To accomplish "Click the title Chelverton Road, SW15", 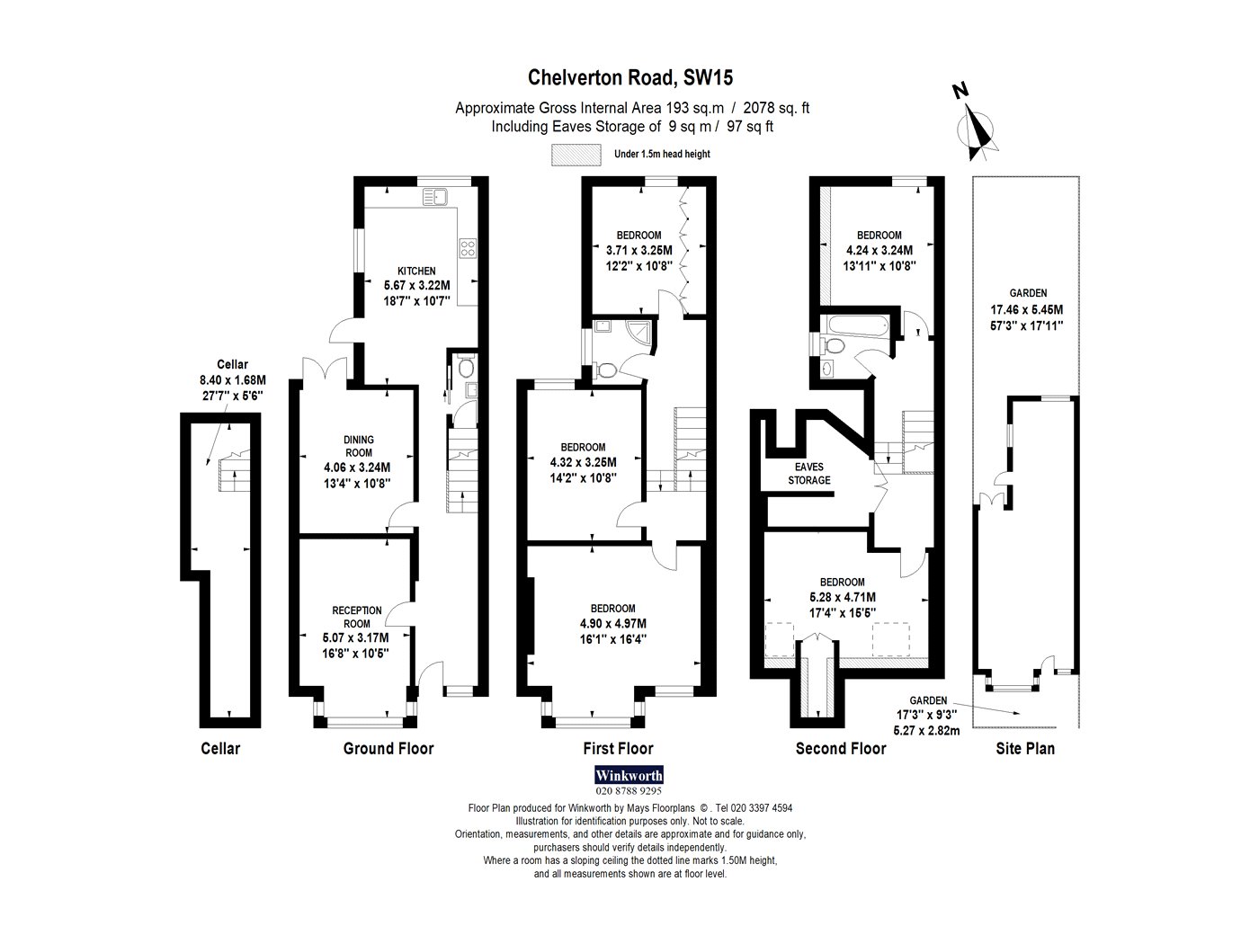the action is click(x=629, y=78).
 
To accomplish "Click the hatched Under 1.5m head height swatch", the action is click(x=576, y=155).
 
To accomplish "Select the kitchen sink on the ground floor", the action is click(x=435, y=197).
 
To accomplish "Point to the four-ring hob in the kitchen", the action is click(x=468, y=248).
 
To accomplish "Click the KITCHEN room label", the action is click(x=416, y=272).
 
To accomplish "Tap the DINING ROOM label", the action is click(x=359, y=446).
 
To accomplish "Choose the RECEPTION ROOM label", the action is click(x=357, y=617).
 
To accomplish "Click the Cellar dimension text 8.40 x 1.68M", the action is click(x=232, y=380).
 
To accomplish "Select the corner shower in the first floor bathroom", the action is click(x=639, y=332).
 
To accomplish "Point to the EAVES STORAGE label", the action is click(x=808, y=474).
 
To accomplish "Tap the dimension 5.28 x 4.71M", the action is click(x=842, y=597).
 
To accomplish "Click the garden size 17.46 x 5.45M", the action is click(x=1027, y=310).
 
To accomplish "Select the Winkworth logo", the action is click(x=629, y=776).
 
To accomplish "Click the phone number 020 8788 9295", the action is click(x=629, y=791).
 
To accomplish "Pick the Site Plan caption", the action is click(x=1025, y=749).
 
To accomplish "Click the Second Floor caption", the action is click(x=841, y=749).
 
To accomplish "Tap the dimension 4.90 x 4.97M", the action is click(x=612, y=624).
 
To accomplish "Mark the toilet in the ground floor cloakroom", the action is click(x=467, y=365).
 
